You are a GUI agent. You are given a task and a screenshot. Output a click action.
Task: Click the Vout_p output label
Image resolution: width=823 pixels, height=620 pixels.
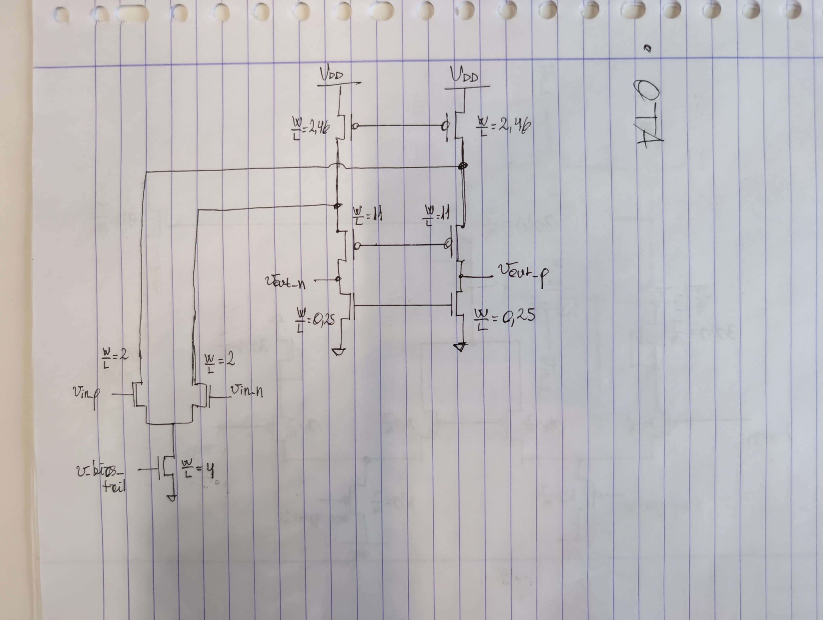coord(523,273)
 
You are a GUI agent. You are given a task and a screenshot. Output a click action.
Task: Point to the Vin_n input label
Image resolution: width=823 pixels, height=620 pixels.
coord(247,391)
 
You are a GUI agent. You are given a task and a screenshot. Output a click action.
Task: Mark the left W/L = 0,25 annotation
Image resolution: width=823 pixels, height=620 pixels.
coord(315,320)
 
